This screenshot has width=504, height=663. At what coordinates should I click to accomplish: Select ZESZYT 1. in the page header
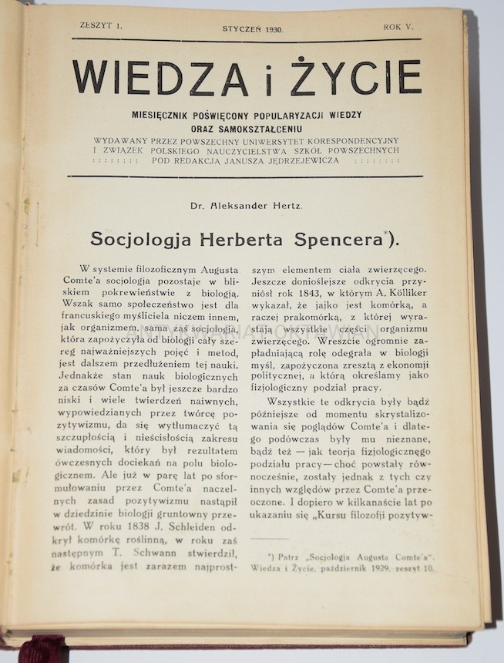click(x=101, y=26)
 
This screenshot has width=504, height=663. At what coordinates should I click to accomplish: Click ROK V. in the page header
click(x=398, y=28)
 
